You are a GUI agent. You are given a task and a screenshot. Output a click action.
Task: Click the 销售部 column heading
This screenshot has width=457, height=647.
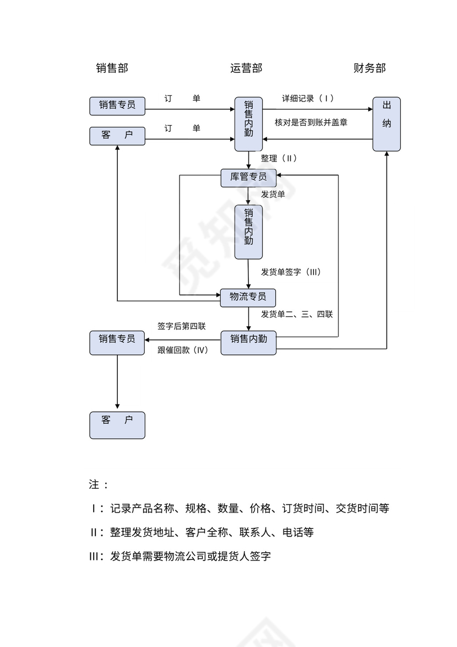tap(112, 68)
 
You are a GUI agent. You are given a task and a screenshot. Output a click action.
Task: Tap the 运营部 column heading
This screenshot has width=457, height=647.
tap(246, 68)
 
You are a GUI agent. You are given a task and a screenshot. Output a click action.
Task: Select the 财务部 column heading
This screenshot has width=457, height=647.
tap(369, 68)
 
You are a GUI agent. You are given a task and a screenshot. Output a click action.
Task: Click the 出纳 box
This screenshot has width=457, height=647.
tap(387, 124)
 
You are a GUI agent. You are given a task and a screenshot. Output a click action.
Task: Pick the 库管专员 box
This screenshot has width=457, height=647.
tap(248, 177)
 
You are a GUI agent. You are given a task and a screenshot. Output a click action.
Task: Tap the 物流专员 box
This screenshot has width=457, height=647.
tap(248, 297)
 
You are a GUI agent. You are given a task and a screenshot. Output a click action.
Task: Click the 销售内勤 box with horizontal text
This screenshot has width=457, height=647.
tap(248, 339)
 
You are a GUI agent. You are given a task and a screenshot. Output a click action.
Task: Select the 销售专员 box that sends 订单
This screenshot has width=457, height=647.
tap(117, 105)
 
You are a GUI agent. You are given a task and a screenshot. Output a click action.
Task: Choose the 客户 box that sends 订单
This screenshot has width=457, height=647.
tap(117, 136)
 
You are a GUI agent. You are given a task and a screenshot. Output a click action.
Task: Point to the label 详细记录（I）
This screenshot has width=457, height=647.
tap(308, 99)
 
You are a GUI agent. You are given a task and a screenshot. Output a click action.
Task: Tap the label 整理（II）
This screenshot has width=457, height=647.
tap(279, 158)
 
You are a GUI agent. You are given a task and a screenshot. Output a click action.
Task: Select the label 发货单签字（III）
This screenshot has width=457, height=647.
tap(290, 272)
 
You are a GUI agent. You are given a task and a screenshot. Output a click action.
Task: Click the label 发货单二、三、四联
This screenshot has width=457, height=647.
tap(296, 314)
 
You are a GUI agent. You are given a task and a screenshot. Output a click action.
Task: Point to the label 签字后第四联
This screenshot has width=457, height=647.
tap(182, 326)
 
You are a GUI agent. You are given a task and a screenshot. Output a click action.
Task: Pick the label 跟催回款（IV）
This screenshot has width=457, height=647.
tap(183, 350)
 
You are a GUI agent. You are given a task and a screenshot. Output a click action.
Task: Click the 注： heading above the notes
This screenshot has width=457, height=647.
tap(99, 485)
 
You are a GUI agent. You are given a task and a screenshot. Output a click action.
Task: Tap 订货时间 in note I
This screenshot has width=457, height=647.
tap(302, 508)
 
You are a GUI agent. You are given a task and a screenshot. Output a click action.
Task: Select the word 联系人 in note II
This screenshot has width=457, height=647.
tap(255, 532)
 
